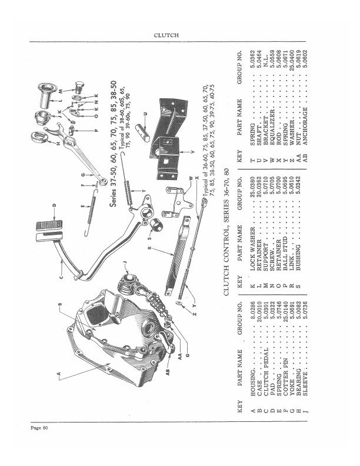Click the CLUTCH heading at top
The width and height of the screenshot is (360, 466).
coord(166,35)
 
